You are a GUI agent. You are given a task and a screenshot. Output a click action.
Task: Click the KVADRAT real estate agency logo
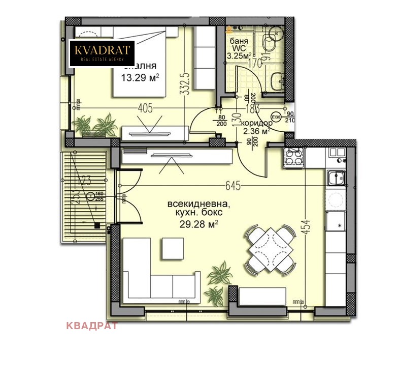click(x=102, y=53)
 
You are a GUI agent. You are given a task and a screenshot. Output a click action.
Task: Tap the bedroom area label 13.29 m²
click(x=140, y=77)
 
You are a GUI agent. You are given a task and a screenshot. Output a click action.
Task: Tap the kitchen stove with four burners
click(x=294, y=157)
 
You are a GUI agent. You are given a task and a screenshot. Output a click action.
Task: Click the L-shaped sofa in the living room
click(x=152, y=275)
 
